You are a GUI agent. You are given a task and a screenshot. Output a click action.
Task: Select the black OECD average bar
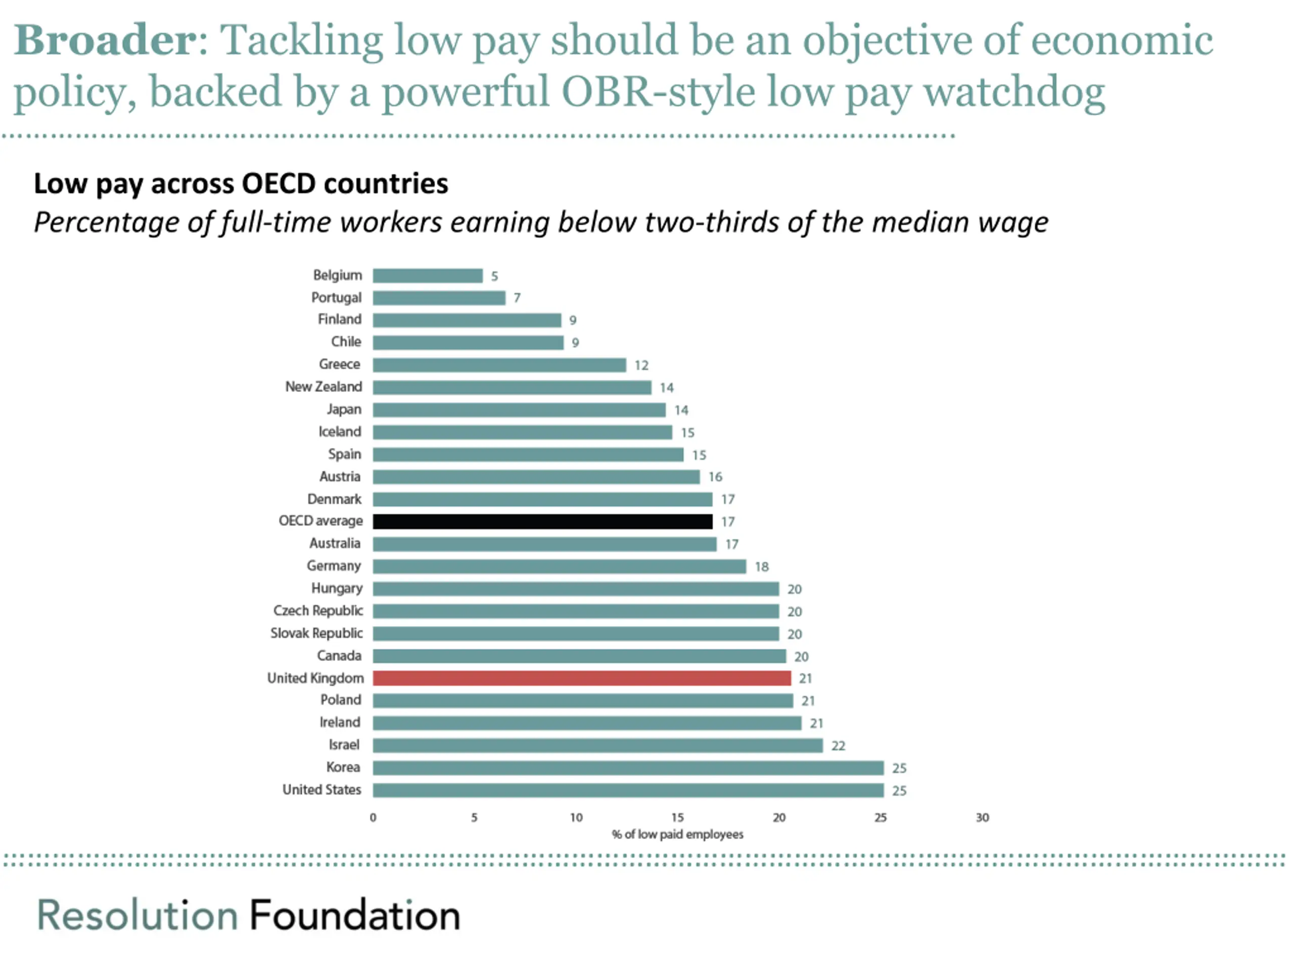[542, 521]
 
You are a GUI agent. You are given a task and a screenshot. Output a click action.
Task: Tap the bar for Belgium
[428, 275]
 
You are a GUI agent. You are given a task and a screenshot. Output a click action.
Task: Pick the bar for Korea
[628, 768]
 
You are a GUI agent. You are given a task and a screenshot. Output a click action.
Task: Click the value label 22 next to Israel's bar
[838, 746]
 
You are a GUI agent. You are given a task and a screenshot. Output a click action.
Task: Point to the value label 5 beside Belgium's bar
[494, 276]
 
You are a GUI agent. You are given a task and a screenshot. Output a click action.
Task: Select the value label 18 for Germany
[761, 566]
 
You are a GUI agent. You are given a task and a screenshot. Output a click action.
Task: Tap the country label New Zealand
[323, 386]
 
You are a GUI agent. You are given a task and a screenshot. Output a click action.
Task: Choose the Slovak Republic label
[316, 633]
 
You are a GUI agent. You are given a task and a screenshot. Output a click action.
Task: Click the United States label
[322, 790]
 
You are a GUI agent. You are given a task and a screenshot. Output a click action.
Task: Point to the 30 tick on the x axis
[982, 817]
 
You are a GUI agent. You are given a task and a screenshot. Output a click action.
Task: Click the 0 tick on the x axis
[373, 817]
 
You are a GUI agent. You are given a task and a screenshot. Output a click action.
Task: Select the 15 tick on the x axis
[677, 817]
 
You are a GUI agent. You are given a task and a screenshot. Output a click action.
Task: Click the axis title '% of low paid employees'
[677, 835]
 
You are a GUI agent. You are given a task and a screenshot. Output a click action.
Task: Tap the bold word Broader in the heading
[105, 41]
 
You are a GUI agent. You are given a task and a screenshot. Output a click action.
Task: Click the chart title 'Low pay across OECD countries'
[241, 183]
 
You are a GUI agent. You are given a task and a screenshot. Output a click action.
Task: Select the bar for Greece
[499, 365]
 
